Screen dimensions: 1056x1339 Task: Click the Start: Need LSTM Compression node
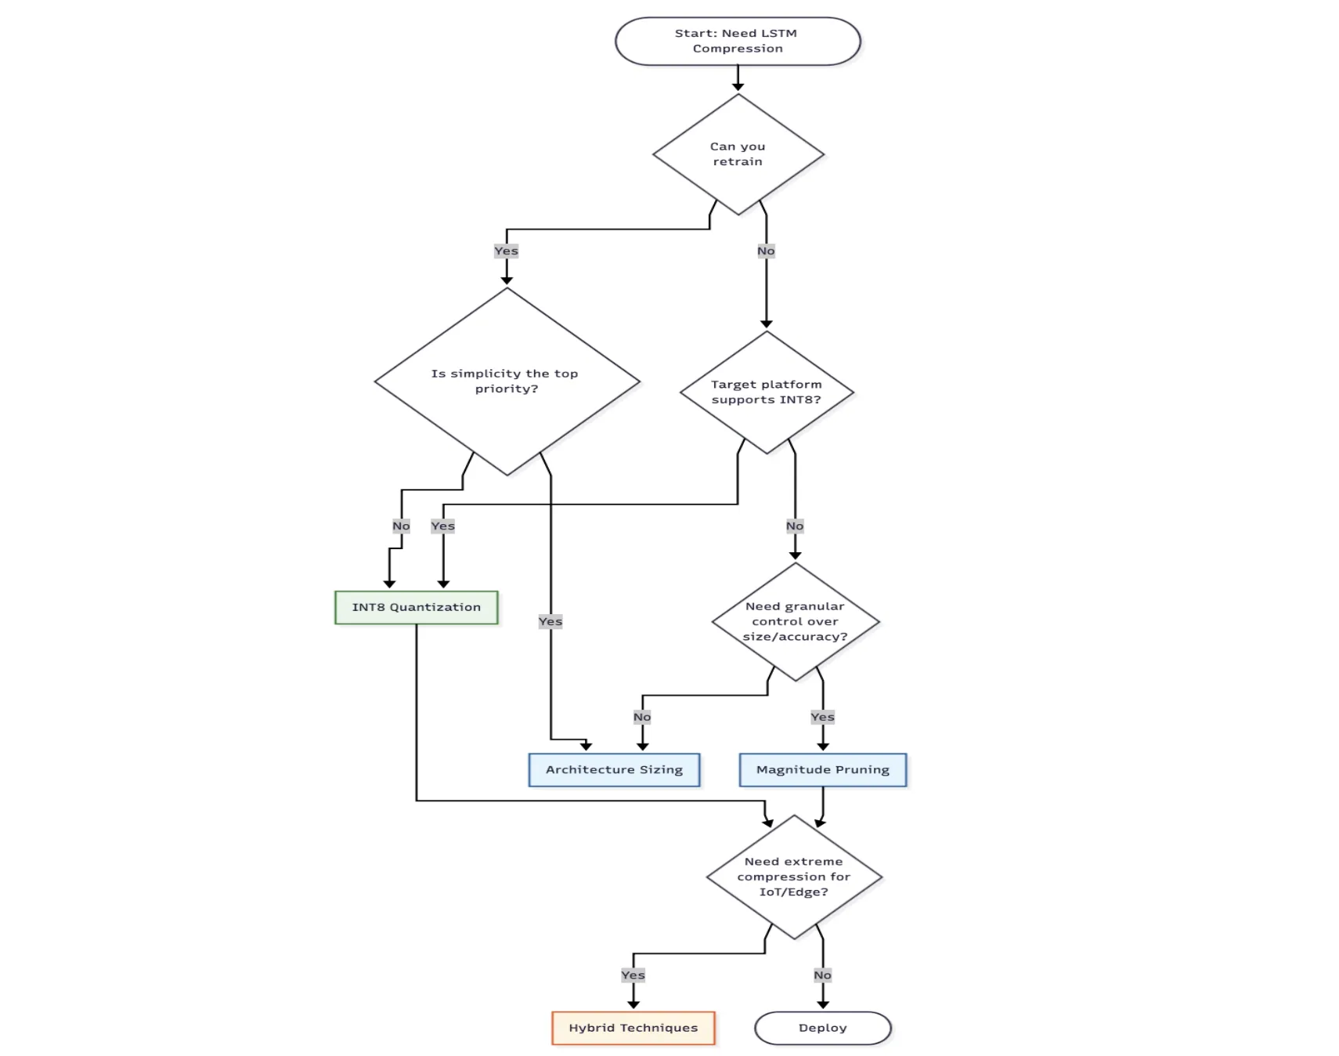pyautogui.click(x=737, y=41)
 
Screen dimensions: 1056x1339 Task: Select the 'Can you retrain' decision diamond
pyautogui.click(x=738, y=154)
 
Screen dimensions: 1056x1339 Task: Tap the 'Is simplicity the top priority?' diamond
pyautogui.click(x=507, y=382)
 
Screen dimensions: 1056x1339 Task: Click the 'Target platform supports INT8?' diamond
pyautogui.click(x=766, y=392)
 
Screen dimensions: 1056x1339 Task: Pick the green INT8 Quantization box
pyautogui.click(x=416, y=607)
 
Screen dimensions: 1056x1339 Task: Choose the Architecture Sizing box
pyautogui.click(x=614, y=769)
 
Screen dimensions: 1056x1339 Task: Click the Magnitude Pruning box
pyautogui.click(x=822, y=769)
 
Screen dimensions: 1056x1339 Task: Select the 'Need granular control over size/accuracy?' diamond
pyautogui.click(x=795, y=621)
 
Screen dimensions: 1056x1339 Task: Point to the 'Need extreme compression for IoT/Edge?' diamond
pyautogui.click(x=793, y=877)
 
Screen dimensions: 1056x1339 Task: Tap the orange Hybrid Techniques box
pyautogui.click(x=633, y=1028)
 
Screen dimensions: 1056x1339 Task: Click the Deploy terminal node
pyautogui.click(x=822, y=1028)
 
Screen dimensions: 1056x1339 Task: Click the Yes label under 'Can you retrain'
pyautogui.click(x=506, y=251)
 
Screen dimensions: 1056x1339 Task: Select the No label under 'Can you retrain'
pyautogui.click(x=766, y=251)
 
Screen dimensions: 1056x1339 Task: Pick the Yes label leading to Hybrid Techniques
pyautogui.click(x=633, y=975)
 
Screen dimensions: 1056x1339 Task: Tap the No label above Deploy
pyautogui.click(x=822, y=975)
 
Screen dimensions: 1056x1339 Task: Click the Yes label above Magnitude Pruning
pyautogui.click(x=822, y=717)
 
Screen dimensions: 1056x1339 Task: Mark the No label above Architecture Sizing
pyautogui.click(x=642, y=717)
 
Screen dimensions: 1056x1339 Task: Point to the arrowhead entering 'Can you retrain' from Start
pyautogui.click(x=738, y=86)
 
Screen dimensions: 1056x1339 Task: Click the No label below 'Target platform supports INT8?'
pyautogui.click(x=795, y=526)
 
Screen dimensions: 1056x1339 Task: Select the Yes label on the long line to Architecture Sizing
pyautogui.click(x=550, y=621)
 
